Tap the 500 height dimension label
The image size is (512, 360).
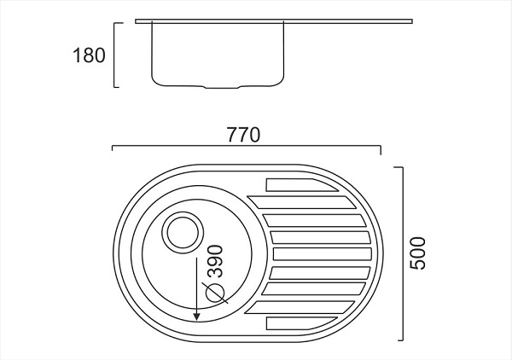click(x=417, y=252)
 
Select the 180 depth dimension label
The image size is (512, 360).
click(x=89, y=56)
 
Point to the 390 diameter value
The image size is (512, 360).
click(x=214, y=264)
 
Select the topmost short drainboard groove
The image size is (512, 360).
click(x=294, y=184)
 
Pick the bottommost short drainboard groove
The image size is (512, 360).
click(x=294, y=322)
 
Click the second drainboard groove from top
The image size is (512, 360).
click(x=303, y=202)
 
